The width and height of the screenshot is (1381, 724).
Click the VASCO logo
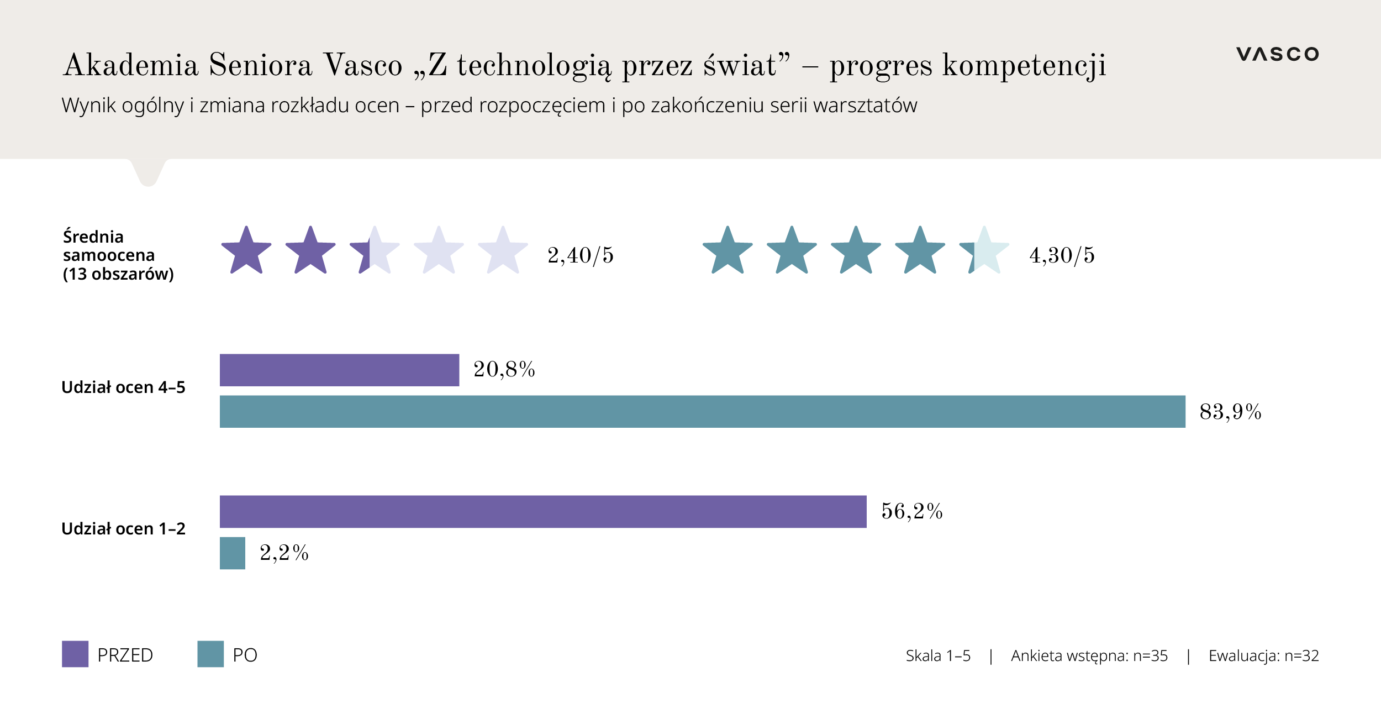pos(1277,54)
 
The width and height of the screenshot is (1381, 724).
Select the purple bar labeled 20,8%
pos(339,370)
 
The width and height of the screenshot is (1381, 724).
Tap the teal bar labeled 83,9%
pos(702,412)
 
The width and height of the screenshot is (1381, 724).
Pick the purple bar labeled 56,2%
pos(543,512)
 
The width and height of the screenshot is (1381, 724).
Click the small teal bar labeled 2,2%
pos(233,553)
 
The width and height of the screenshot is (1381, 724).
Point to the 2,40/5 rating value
pos(581,255)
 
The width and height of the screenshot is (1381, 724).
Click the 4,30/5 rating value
pos(1062,255)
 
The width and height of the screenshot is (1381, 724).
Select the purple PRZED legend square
pos(75,654)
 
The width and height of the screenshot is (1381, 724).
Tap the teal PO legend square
pos(210,654)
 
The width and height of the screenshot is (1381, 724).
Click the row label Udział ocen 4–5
pos(123,387)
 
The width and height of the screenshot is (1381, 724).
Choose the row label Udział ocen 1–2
pos(123,529)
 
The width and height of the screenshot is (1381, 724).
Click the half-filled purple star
pos(375,251)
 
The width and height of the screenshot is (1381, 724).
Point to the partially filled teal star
pos(984,251)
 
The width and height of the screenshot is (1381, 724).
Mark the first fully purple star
pos(246,251)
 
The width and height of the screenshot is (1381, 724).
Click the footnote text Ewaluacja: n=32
pos(1263,656)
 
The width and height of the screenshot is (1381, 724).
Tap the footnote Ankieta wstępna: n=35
pos(1089,656)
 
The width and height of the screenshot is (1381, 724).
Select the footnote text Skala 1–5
pos(938,656)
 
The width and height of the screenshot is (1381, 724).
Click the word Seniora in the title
pos(260,65)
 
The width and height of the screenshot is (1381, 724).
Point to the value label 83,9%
pos(1230,412)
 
